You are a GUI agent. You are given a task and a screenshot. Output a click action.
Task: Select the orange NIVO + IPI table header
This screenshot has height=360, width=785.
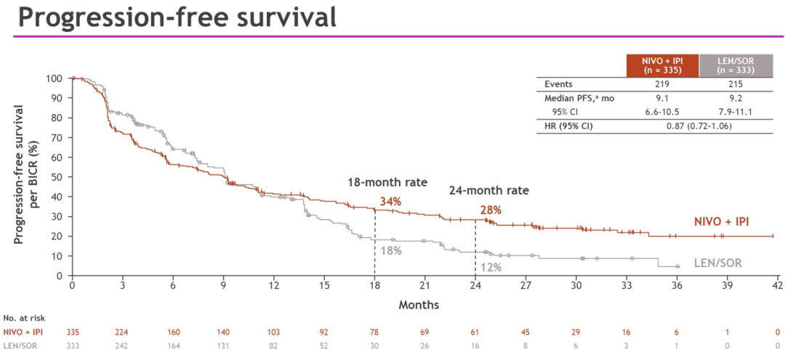[x=661, y=65]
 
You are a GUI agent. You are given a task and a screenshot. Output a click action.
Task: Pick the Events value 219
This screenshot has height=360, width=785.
[x=661, y=84]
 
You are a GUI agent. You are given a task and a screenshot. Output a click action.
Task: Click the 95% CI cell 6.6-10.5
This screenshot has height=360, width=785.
[x=661, y=112]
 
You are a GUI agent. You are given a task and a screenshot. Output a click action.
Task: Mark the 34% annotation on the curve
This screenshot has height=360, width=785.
[x=390, y=201]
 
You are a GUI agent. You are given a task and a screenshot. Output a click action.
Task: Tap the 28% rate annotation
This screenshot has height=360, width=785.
[x=491, y=210]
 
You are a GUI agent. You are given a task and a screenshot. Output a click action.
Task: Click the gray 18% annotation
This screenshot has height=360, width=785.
[x=390, y=250]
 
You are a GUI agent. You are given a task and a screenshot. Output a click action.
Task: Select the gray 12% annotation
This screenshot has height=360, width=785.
[x=491, y=267]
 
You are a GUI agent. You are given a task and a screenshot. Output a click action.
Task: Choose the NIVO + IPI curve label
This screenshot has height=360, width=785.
[x=720, y=221]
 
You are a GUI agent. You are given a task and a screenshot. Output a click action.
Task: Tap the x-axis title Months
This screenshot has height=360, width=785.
[x=419, y=305]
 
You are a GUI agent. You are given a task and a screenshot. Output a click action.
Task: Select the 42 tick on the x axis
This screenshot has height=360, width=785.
[x=776, y=286]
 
